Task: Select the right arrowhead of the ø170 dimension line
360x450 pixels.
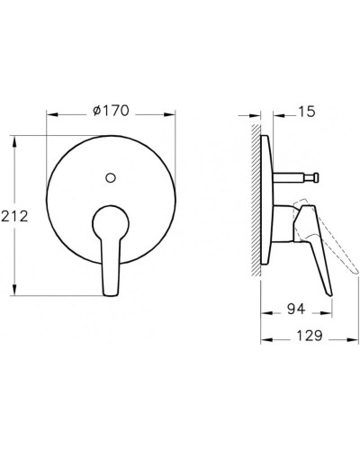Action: pos(173,115)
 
